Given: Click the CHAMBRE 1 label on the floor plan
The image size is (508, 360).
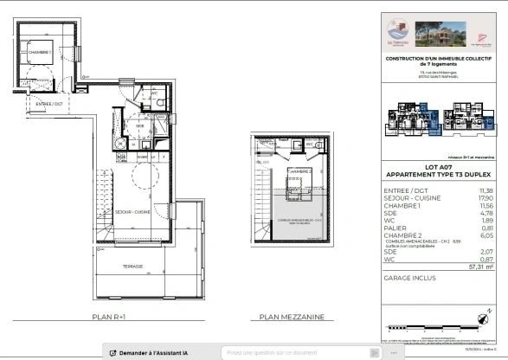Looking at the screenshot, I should pos(41,52).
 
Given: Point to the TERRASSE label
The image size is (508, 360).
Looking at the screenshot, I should pos(132,267).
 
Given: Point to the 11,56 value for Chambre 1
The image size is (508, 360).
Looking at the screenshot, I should pos(486,204).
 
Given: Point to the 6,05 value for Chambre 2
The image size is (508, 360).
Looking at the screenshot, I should pos(486,235).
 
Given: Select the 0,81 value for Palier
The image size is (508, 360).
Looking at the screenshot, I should pos(486,228).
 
